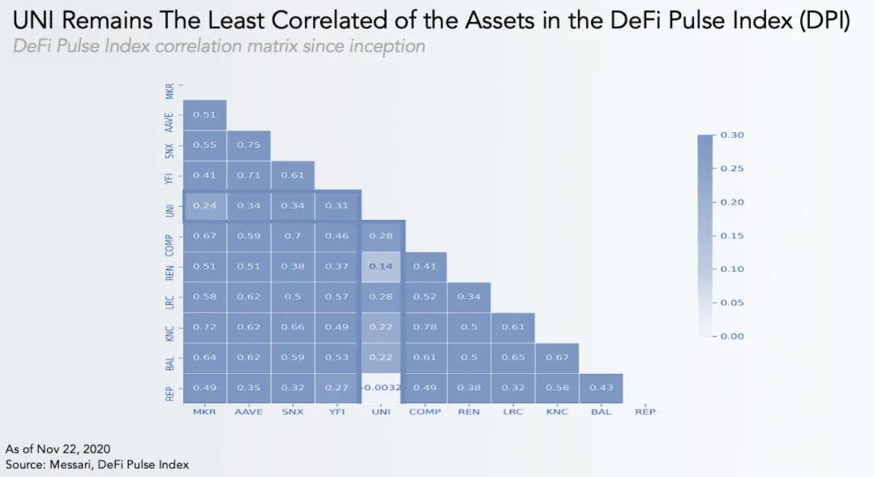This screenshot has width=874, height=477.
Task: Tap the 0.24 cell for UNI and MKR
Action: (204, 205)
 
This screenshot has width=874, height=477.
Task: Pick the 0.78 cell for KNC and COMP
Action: (425, 327)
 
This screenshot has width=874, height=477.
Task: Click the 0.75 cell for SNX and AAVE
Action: (248, 144)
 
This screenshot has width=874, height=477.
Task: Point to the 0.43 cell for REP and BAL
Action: (601, 388)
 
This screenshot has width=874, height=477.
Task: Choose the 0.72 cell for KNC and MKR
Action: (204, 327)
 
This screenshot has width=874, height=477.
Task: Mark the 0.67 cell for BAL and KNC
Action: (557, 358)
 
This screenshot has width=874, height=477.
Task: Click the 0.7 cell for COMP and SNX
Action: (293, 236)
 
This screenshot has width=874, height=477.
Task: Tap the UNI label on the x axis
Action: (380, 412)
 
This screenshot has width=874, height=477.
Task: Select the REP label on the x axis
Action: (645, 412)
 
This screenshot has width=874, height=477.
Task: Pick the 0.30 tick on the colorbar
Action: (733, 135)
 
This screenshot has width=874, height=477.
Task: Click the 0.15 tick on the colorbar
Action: (733, 235)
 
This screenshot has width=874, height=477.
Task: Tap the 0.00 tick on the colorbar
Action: (733, 336)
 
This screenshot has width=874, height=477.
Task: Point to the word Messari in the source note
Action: (75, 464)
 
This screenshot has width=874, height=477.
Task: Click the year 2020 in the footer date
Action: (95, 449)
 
